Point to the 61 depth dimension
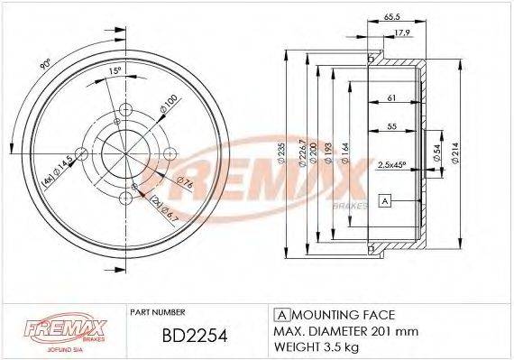point(390,97)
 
